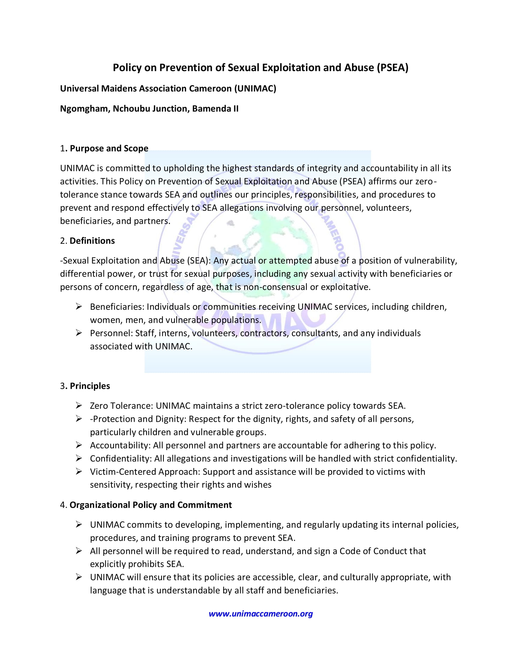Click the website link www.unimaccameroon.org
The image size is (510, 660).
[x=260, y=614]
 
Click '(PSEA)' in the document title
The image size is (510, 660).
[x=392, y=67]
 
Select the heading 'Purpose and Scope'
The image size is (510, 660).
[x=109, y=148]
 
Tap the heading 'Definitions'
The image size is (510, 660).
[x=92, y=241]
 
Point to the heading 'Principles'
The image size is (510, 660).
[x=90, y=386]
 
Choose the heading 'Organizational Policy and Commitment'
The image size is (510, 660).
[x=151, y=505]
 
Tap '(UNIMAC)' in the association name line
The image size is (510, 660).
[x=255, y=88]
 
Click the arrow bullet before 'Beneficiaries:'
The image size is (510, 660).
[x=79, y=307]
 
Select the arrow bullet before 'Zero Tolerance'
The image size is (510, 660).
[x=79, y=406]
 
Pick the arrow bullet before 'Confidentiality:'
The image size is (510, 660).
[x=79, y=458]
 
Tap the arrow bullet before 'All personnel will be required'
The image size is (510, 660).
[x=79, y=551]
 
